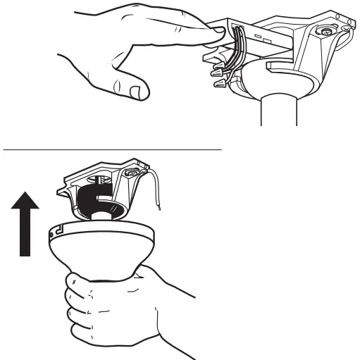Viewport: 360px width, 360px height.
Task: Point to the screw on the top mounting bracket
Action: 327,32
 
